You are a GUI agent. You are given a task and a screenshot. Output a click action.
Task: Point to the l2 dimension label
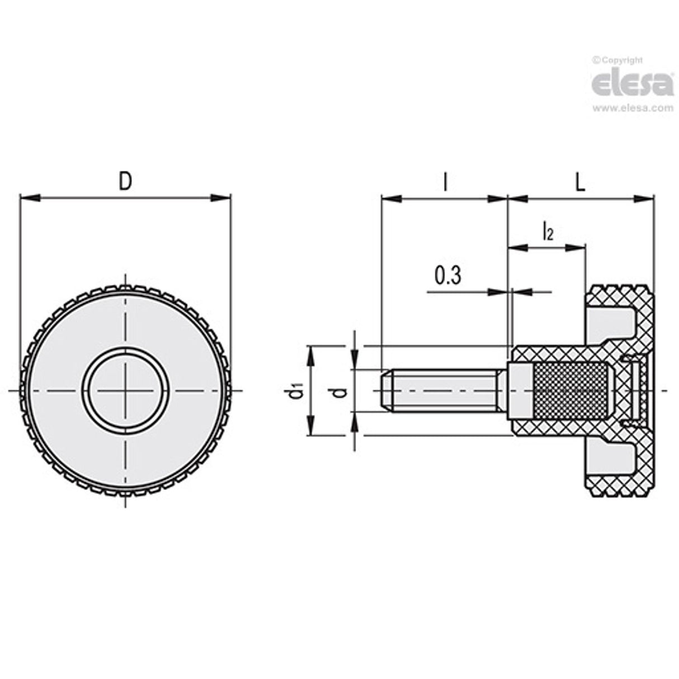[x=548, y=231]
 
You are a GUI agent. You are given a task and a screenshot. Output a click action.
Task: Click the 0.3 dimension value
[x=448, y=276]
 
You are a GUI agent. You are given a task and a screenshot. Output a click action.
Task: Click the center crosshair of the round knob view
[x=126, y=390]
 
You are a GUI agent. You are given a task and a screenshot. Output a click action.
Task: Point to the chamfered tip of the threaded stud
[x=386, y=390]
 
